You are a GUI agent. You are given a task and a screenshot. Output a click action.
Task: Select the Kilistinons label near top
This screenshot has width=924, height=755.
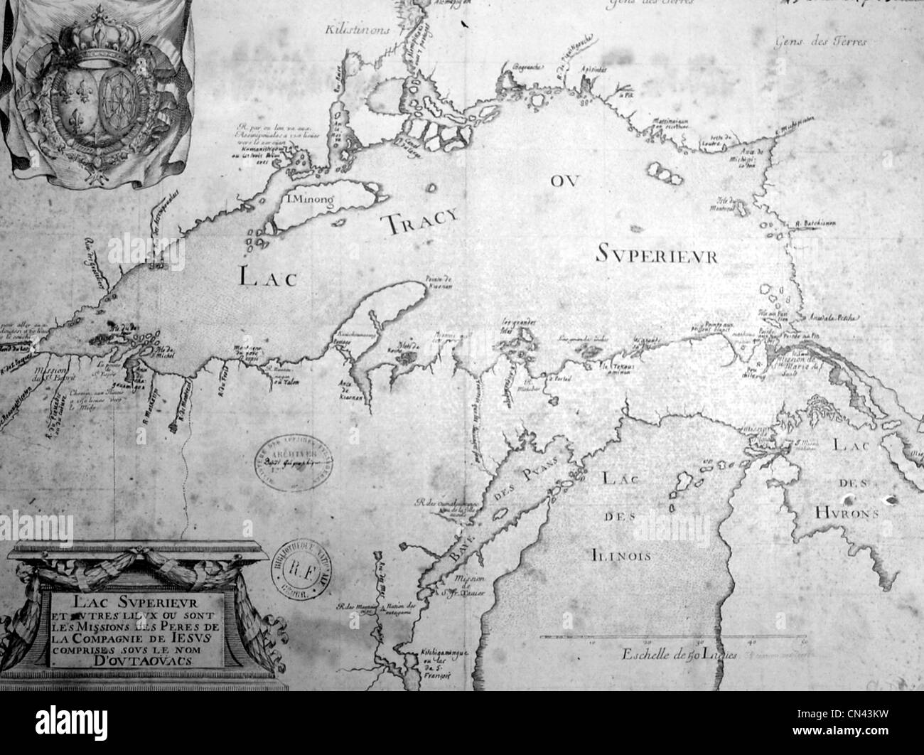[355, 31]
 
